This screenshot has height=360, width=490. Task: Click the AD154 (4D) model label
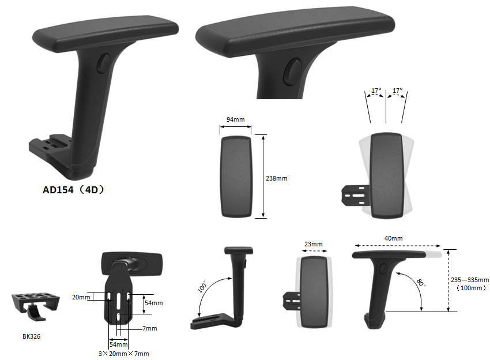(x=73, y=190)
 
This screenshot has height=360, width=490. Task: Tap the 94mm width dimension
(x=236, y=119)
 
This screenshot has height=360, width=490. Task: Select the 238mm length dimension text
(x=277, y=178)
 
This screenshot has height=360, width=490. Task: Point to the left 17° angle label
(x=376, y=91)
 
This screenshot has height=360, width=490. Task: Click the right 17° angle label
(x=398, y=91)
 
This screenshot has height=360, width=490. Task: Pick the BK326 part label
(x=31, y=336)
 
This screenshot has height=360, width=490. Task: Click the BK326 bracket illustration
(x=35, y=306)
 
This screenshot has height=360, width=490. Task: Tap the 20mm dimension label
(x=81, y=297)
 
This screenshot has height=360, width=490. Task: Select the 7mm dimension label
(x=150, y=328)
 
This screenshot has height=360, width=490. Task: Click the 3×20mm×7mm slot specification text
(x=124, y=354)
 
